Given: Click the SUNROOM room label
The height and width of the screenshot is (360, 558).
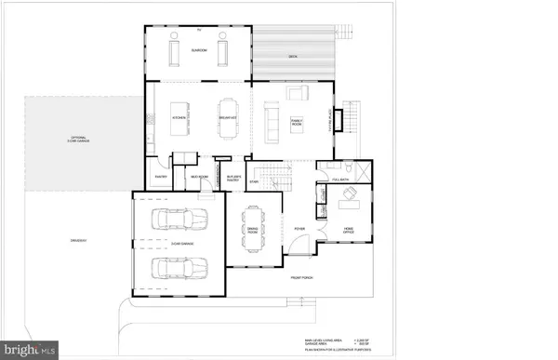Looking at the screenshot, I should pos(198,50).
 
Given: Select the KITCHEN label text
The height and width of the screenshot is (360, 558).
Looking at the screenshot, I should pos(180,119).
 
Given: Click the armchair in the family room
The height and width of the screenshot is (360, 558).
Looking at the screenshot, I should pos(299,93).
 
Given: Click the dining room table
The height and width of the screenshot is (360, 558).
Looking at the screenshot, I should pos(251,226).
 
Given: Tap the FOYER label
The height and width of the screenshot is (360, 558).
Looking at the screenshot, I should pos(299,226).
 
